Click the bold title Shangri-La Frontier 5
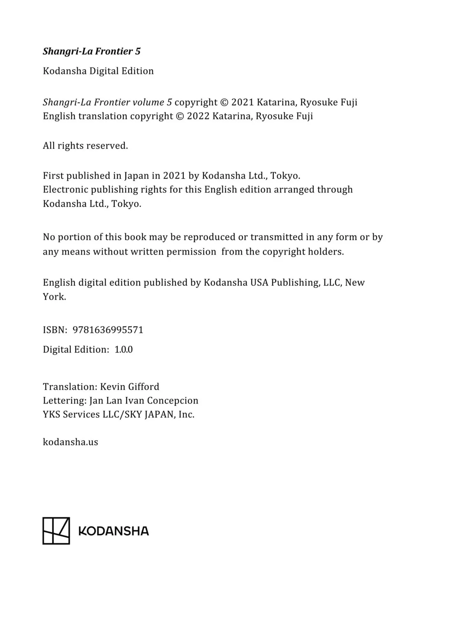coord(92,51)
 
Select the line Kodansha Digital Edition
coord(98,71)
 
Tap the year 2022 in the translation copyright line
coord(198,116)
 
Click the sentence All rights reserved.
coord(85,146)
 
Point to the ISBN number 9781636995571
coord(108,330)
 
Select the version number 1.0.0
coord(123,350)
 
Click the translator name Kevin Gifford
coord(129,387)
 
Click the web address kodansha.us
coord(70,442)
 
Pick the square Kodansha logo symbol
coord(56,531)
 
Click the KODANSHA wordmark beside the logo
coord(113,531)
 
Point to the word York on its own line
coord(54,297)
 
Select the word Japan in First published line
coord(137,176)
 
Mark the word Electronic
coord(65,190)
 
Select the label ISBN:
coord(55,330)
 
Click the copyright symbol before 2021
coord(224,102)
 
